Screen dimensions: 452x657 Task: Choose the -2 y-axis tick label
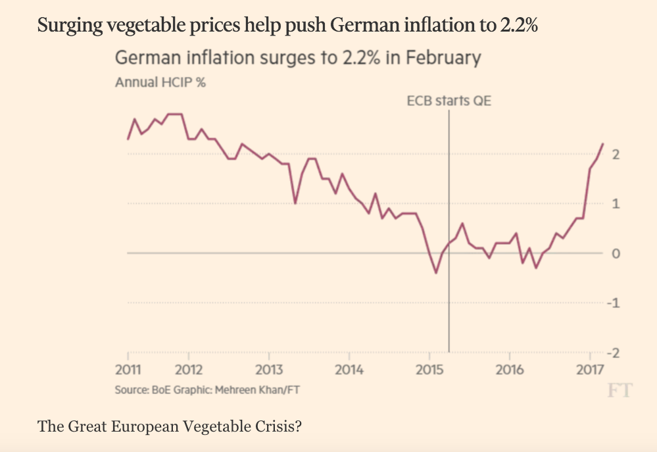(614, 353)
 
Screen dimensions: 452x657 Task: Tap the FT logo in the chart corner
(620, 391)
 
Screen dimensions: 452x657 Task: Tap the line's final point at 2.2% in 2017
(603, 143)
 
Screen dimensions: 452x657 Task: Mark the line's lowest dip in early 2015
(435, 273)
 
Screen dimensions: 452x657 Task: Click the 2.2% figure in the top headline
(522, 27)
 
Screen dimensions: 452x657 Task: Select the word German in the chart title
(148, 59)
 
